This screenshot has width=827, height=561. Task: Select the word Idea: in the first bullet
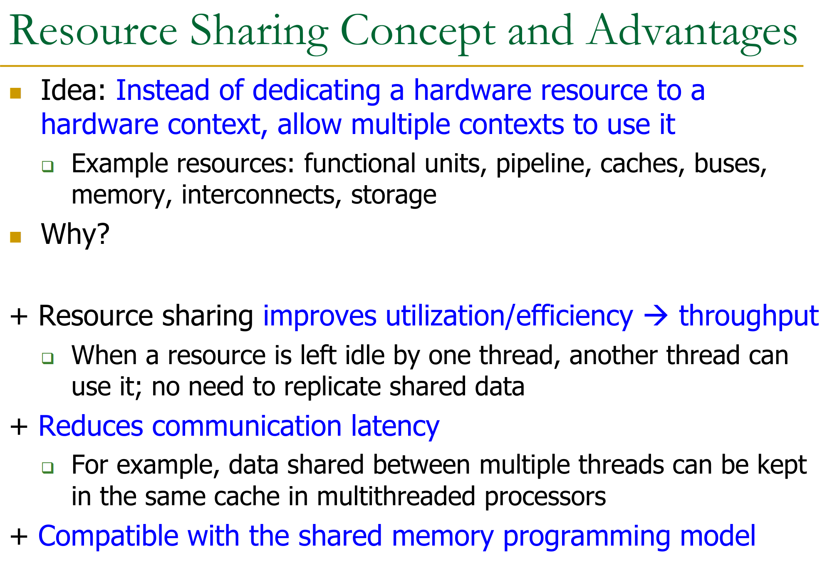(74, 90)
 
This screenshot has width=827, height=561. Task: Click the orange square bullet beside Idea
(15, 93)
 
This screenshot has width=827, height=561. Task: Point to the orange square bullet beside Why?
(15, 237)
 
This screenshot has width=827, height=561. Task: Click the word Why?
(75, 234)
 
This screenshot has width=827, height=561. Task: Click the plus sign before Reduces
(19, 427)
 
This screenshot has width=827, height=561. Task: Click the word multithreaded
(396, 497)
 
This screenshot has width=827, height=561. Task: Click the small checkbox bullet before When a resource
(48, 358)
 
